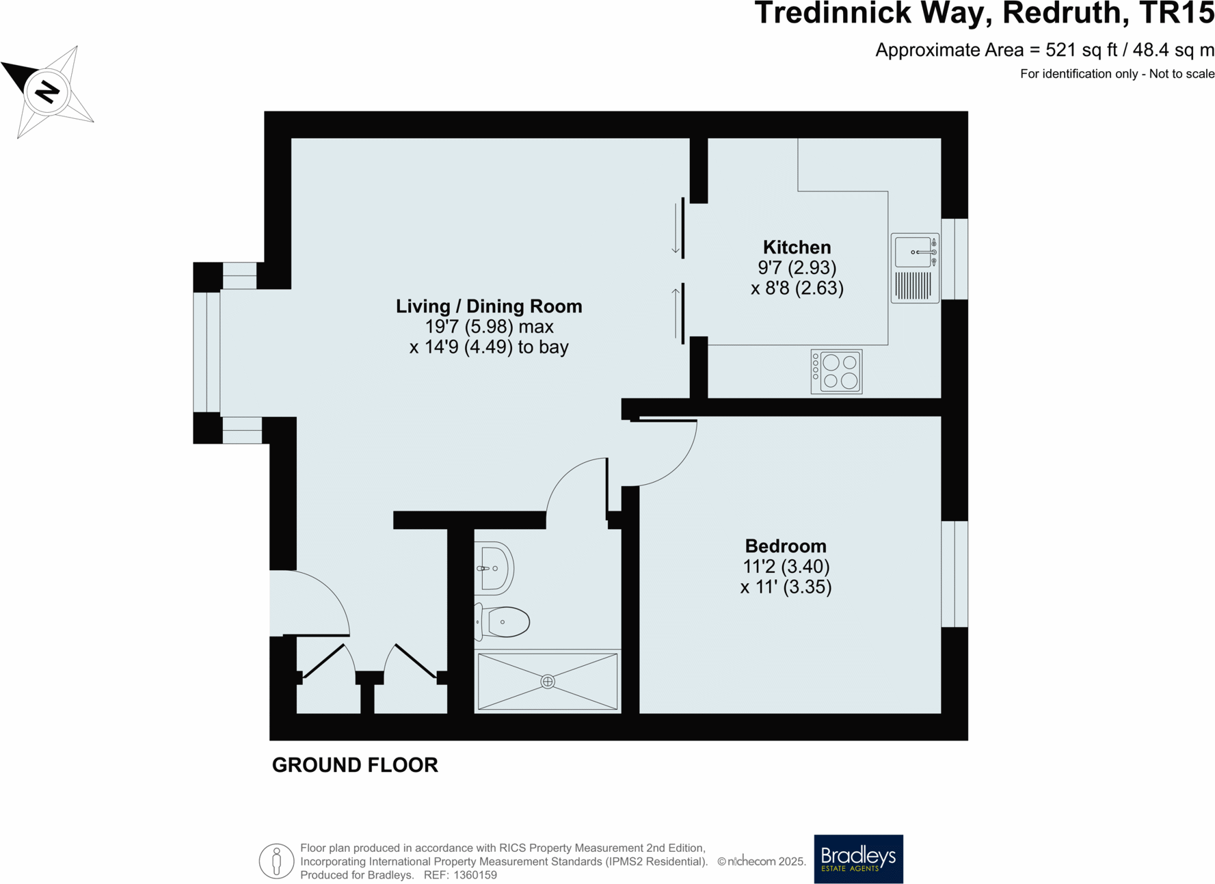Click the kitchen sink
pyautogui.click(x=913, y=252)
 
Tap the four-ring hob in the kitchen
pyautogui.click(x=836, y=372)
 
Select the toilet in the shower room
pyautogui.click(x=505, y=622)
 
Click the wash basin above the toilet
pyautogui.click(x=494, y=567)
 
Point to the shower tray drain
pyautogui.click(x=548, y=682)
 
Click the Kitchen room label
pyautogui.click(x=797, y=247)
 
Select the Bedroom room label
pyautogui.click(x=786, y=546)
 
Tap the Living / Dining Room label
pyautogui.click(x=489, y=306)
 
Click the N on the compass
pyautogui.click(x=47, y=92)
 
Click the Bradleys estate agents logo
pyautogui.click(x=858, y=859)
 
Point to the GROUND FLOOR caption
pyautogui.click(x=355, y=765)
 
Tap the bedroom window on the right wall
pyautogui.click(x=954, y=574)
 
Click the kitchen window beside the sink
pyautogui.click(x=954, y=259)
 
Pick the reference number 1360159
pyautogui.click(x=470, y=875)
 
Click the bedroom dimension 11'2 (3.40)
pyautogui.click(x=786, y=567)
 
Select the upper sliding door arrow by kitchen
pyautogui.click(x=676, y=230)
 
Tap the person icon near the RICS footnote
pyautogui.click(x=276, y=861)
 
